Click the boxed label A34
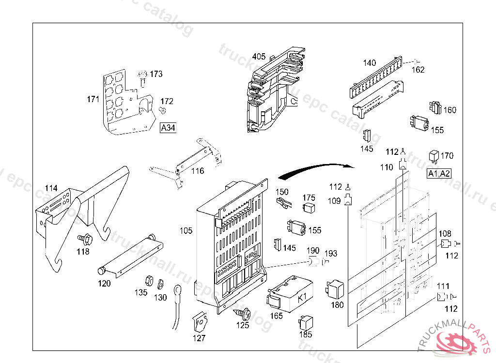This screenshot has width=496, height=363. pos(168,128)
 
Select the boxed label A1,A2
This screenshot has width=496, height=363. pos(439,174)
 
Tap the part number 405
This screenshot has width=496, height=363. pos(259,57)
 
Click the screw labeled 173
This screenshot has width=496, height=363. pos(143,76)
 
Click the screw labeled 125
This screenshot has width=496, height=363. pos(244,314)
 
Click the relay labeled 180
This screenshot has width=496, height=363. pos(335,288)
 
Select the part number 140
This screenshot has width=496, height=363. pos(369,63)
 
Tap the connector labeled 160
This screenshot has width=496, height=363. pos(434,108)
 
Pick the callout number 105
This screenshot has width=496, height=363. pos(186,230)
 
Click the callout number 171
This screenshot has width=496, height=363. pos(93,100)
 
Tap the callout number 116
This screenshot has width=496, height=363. pos(197,171)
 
